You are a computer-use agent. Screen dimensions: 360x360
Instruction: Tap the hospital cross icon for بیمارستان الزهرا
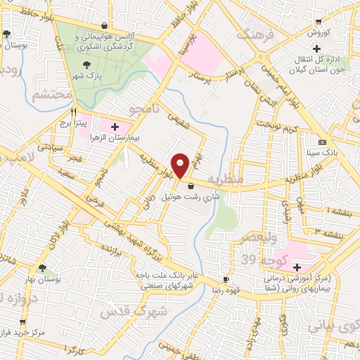pyautogui.click(x=115, y=127)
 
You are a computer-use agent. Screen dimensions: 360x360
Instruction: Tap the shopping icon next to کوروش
pyautogui.click(x=319, y=22)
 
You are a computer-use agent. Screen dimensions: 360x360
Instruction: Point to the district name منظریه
pyautogui.click(x=226, y=181)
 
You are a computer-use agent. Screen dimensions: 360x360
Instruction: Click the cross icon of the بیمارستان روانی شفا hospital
pyautogui.click(x=297, y=267)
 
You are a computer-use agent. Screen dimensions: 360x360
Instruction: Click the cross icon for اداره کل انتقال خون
pyautogui.click(x=317, y=49)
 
